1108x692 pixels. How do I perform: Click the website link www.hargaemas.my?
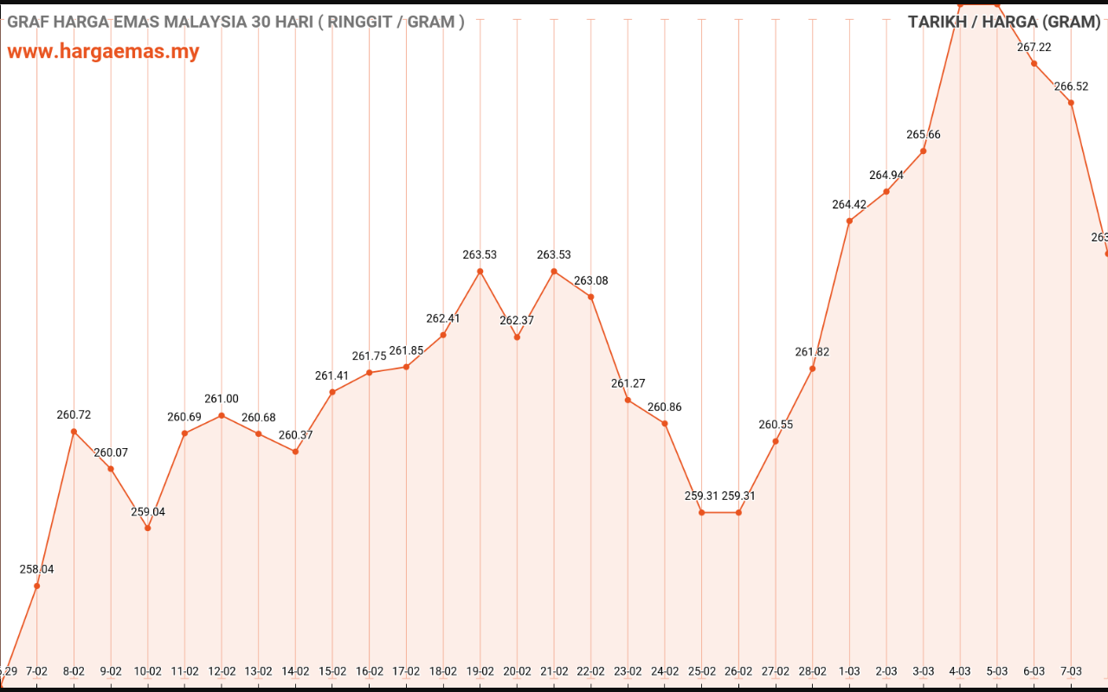point(103,51)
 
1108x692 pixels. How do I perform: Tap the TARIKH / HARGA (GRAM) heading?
point(1003,22)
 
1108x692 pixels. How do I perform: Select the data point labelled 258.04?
point(37,586)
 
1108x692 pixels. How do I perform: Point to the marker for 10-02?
point(148,528)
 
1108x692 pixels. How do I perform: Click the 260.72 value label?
point(74,415)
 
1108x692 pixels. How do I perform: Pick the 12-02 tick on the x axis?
point(222,670)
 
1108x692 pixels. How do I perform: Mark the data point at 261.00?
point(222,415)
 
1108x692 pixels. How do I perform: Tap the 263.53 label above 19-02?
point(480,255)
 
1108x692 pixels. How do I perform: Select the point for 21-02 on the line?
point(554,272)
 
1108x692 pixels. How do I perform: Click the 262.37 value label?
point(517,321)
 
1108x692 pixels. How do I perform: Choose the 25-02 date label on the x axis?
point(702,670)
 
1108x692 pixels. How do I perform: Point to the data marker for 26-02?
point(738,512)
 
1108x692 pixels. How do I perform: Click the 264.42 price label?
point(849,205)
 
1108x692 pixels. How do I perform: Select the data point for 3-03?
point(924,151)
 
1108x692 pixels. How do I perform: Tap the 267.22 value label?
point(1034,48)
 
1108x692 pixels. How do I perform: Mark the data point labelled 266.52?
point(1072,103)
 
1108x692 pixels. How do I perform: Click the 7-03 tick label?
point(1072,670)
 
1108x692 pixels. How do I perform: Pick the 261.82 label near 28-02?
point(812,352)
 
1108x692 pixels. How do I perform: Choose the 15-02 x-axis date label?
point(332,670)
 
